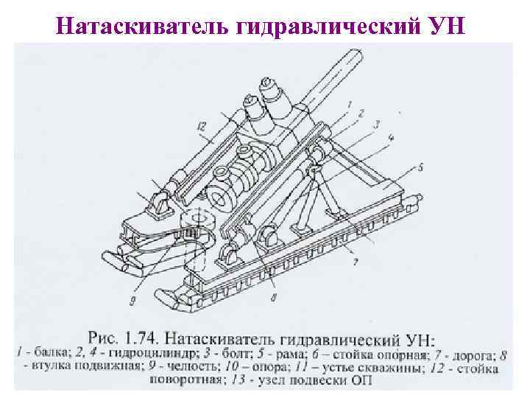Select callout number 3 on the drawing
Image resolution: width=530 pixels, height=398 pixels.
click(376, 126)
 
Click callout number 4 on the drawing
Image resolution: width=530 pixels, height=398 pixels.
click(389, 138)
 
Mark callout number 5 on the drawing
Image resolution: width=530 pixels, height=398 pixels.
click(420, 168)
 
